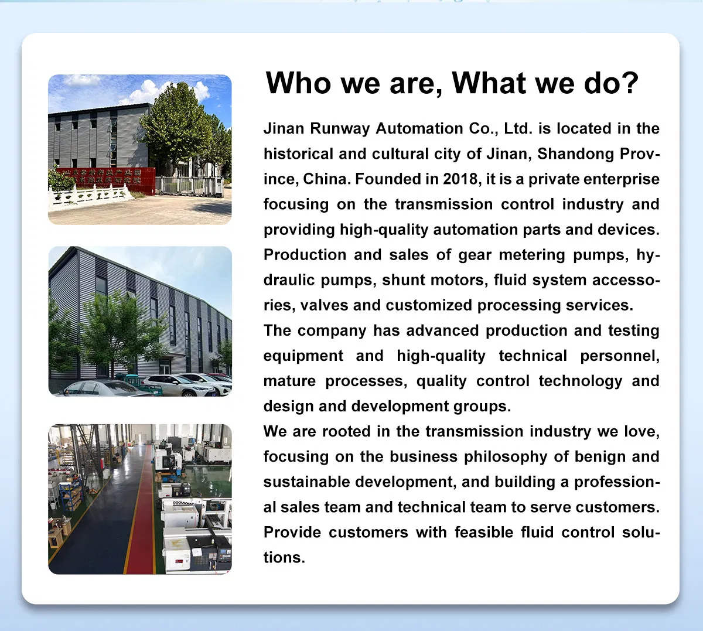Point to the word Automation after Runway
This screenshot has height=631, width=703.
(419, 128)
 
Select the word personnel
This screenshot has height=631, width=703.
(620, 356)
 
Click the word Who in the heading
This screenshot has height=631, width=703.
(298, 83)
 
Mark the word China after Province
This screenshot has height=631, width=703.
(324, 179)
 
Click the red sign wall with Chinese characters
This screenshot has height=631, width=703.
(107, 180)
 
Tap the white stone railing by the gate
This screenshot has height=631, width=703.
(90, 196)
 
